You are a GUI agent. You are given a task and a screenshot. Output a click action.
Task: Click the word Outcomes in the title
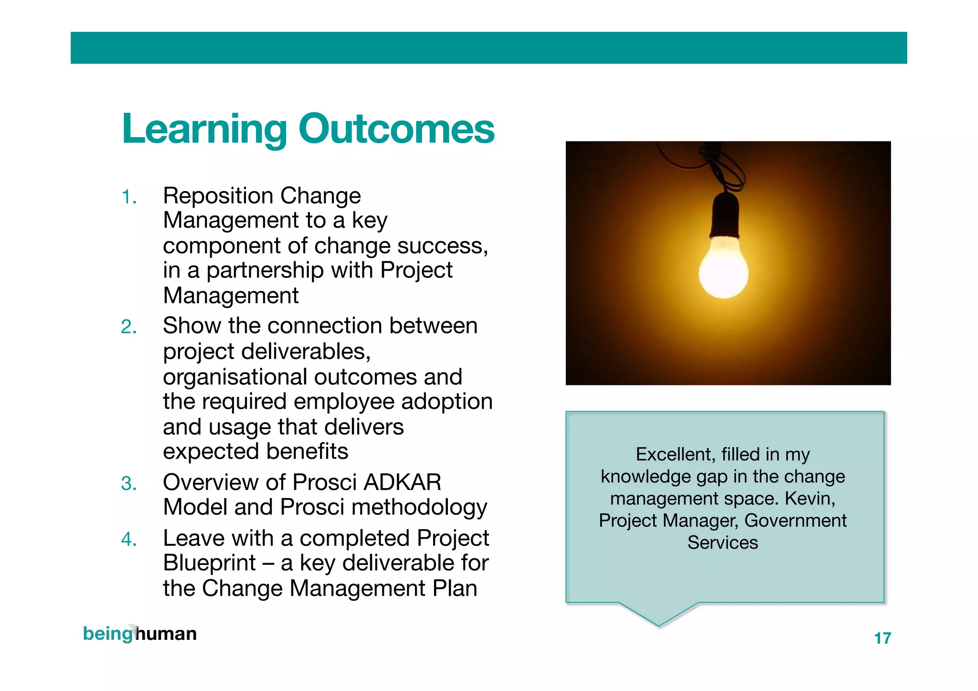point(396,129)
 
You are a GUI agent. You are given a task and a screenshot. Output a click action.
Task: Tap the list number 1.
point(129,197)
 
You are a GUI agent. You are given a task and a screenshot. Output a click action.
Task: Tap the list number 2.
point(129,327)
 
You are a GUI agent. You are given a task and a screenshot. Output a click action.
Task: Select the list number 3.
point(129,483)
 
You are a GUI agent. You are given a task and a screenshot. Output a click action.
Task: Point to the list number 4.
point(129,540)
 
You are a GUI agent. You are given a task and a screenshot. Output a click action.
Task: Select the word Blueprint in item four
point(209,563)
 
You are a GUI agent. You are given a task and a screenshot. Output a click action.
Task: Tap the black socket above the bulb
point(725,215)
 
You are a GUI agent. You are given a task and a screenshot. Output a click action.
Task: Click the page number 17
point(882,638)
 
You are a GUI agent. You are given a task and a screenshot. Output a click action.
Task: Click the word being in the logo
point(107,634)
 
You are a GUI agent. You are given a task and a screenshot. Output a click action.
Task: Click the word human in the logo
point(166,634)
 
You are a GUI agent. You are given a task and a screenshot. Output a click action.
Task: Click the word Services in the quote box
point(723,542)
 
